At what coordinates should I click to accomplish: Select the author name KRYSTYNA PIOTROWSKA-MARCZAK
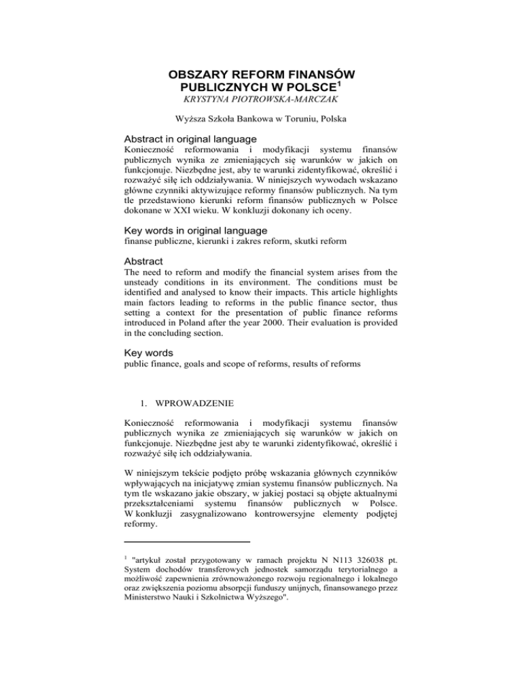261,102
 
